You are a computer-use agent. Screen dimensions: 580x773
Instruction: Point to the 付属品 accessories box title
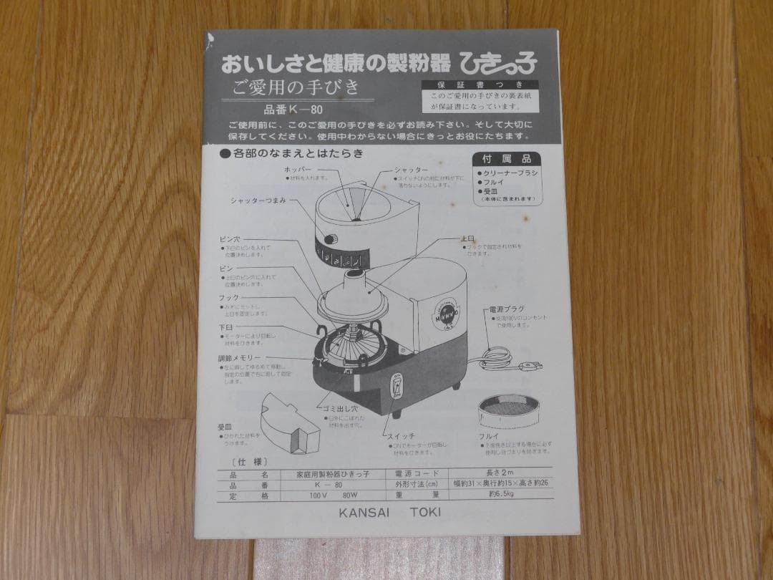point(507,159)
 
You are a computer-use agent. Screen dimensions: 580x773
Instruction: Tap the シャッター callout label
point(411,170)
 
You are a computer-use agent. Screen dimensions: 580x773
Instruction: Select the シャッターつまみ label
point(258,201)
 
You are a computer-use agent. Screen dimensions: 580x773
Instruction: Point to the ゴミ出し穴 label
point(336,406)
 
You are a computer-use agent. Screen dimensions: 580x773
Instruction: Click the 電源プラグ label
point(507,309)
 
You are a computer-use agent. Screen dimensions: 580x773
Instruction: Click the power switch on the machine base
point(395,389)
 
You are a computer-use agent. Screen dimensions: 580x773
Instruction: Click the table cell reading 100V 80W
point(324,495)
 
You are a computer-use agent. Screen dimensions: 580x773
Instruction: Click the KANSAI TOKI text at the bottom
point(391,512)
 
